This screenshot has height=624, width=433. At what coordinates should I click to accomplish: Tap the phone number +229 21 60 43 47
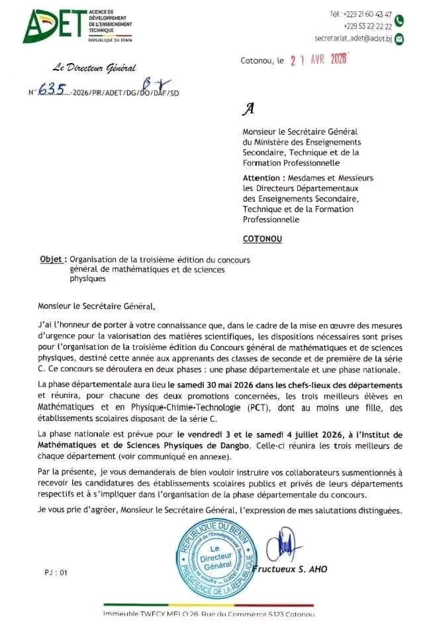tap(369, 14)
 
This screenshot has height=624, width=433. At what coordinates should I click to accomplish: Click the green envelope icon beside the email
tap(399, 39)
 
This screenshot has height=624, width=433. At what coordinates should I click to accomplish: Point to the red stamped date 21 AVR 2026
tap(320, 60)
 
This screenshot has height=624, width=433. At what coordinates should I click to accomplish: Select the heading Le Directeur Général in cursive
tap(95, 67)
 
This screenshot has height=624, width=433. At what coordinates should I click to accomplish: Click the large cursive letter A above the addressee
tap(249, 109)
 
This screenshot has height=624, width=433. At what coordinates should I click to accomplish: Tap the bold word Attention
tap(263, 178)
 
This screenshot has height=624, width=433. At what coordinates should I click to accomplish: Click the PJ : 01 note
tap(56, 571)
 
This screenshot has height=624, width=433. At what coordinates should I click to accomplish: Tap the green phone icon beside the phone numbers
tap(399, 21)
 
